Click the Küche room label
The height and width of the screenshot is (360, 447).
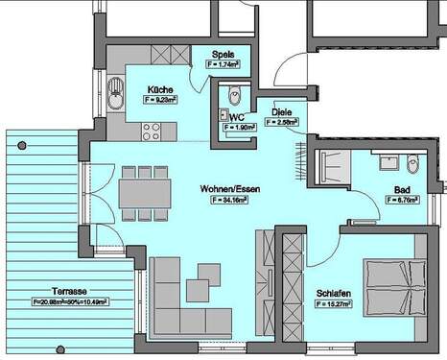(x=161, y=88)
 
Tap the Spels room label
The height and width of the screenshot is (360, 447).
(x=223, y=54)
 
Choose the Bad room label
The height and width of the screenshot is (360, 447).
(x=403, y=189)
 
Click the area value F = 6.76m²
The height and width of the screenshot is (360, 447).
(x=403, y=201)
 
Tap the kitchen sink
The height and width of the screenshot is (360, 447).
(x=115, y=93)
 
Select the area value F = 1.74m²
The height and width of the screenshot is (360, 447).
(x=223, y=64)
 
